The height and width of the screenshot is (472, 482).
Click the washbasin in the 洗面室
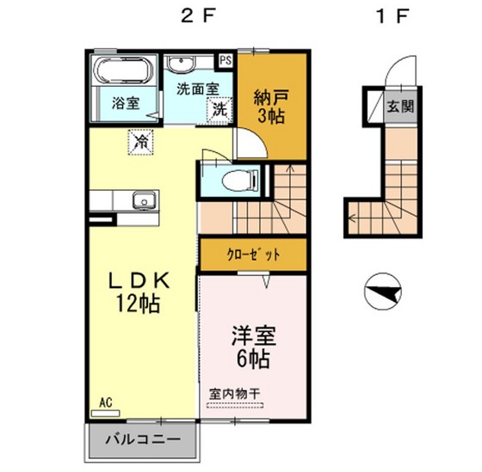click(182, 65)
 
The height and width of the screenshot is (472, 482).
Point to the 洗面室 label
click(197, 88)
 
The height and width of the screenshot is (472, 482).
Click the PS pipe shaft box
click(226, 60)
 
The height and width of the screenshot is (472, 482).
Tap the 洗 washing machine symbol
click(220, 109)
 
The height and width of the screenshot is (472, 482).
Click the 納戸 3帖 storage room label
click(269, 104)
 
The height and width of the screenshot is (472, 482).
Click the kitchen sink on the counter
click(142, 202)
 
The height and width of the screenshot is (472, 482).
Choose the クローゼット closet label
click(252, 254)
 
